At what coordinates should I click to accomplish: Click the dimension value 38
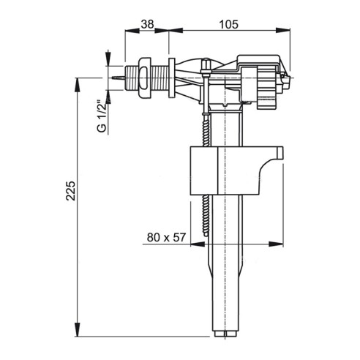pyautogui.click(x=148, y=24)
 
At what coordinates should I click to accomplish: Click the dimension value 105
pyautogui.click(x=228, y=24)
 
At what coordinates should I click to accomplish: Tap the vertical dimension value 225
pyautogui.click(x=70, y=190)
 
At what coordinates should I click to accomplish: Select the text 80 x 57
pyautogui.click(x=166, y=237)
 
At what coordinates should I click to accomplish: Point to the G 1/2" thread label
pyautogui.click(x=102, y=116)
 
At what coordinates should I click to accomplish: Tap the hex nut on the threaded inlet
pyautogui.click(x=145, y=78)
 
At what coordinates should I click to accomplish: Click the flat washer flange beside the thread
pyautogui.click(x=172, y=78)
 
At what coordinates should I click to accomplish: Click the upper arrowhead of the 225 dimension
pyautogui.click(x=78, y=85)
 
